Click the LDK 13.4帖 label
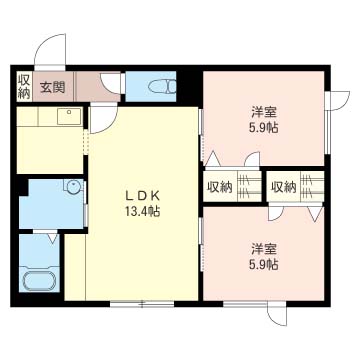(143, 203)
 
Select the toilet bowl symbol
(162, 87)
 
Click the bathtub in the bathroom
(39, 281)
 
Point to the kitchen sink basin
(69, 116)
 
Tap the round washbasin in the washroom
(73, 187)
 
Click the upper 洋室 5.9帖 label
(263, 120)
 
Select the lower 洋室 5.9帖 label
(263, 256)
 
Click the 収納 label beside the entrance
(24, 86)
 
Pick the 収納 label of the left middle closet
(220, 188)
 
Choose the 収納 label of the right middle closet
(283, 188)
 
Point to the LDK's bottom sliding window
(143, 304)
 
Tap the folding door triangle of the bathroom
(52, 237)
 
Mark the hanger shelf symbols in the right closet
(312, 187)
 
